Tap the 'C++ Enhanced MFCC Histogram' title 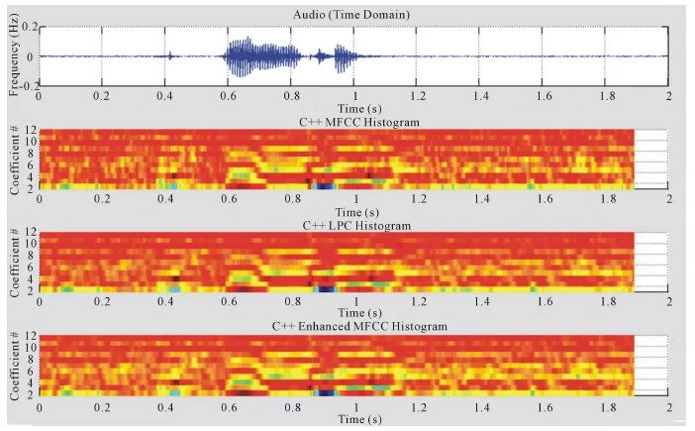pyautogui.click(x=353, y=325)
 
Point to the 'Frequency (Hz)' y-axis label pyautogui.click(x=13, y=56)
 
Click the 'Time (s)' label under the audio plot pyautogui.click(x=353, y=108)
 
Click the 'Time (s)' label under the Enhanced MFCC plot pyautogui.click(x=353, y=418)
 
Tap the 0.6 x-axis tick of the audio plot pyautogui.click(x=228, y=97)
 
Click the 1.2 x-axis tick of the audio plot pyautogui.click(x=417, y=97)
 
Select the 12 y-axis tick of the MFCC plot pyautogui.click(x=30, y=130)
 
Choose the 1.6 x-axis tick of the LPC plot pyautogui.click(x=543, y=302)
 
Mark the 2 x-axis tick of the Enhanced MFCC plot pyautogui.click(x=669, y=405)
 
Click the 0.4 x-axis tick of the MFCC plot pyautogui.click(x=164, y=199)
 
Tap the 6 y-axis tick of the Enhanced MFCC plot pyautogui.click(x=32, y=373)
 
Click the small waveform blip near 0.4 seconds pyautogui.click(x=171, y=56)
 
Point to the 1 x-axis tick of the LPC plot pyautogui.click(x=353, y=302)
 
